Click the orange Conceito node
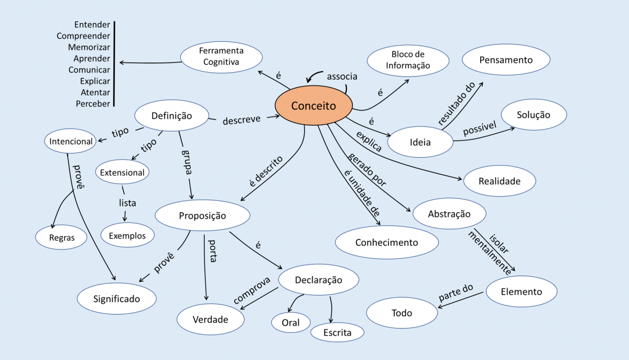[x=313, y=105]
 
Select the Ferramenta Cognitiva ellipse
[x=221, y=57]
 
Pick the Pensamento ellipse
[x=505, y=60]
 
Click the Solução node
[x=534, y=115]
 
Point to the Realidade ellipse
[x=500, y=181]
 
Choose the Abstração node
[x=449, y=214]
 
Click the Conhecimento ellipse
[x=386, y=242]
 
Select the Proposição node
[x=202, y=215]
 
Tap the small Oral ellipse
[x=290, y=322]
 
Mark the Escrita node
[x=337, y=332]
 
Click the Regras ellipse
[x=62, y=237]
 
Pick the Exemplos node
[x=127, y=235]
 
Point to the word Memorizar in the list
[x=89, y=47]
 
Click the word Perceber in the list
[x=93, y=104]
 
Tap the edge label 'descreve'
[x=242, y=119]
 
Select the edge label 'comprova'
[x=252, y=289]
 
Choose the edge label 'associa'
[x=342, y=77]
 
